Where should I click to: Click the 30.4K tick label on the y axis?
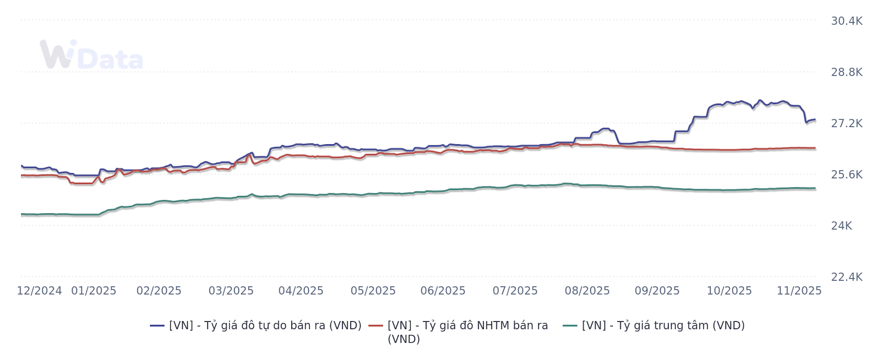(x=846, y=21)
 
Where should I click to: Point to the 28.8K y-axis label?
(x=846, y=72)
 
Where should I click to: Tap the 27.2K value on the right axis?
(x=846, y=123)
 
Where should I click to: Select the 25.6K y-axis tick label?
(x=846, y=174)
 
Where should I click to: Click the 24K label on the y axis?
(x=841, y=226)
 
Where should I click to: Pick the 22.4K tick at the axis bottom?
(x=846, y=277)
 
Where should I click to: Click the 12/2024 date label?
(x=39, y=291)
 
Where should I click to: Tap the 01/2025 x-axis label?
(x=94, y=291)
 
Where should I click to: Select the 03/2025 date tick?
(x=231, y=291)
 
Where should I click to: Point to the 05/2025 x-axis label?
(x=373, y=291)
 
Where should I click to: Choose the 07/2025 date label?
(x=515, y=291)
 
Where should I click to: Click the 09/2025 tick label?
(x=657, y=291)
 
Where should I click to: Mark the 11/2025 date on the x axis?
(x=799, y=291)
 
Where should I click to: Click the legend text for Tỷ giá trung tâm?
(x=663, y=325)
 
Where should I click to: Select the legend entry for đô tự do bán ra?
(x=265, y=325)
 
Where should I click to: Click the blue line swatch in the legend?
(x=157, y=326)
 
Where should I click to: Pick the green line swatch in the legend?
(x=570, y=326)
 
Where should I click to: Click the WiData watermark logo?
(x=91, y=55)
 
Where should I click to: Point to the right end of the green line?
(x=815, y=188)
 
